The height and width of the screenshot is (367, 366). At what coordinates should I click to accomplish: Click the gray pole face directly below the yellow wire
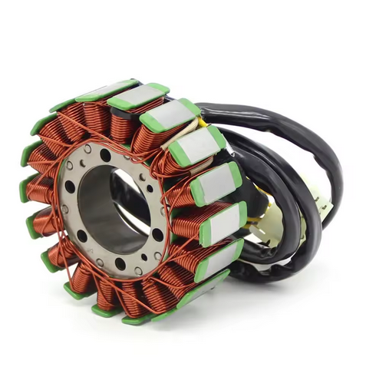pyautogui.click(x=196, y=145)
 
